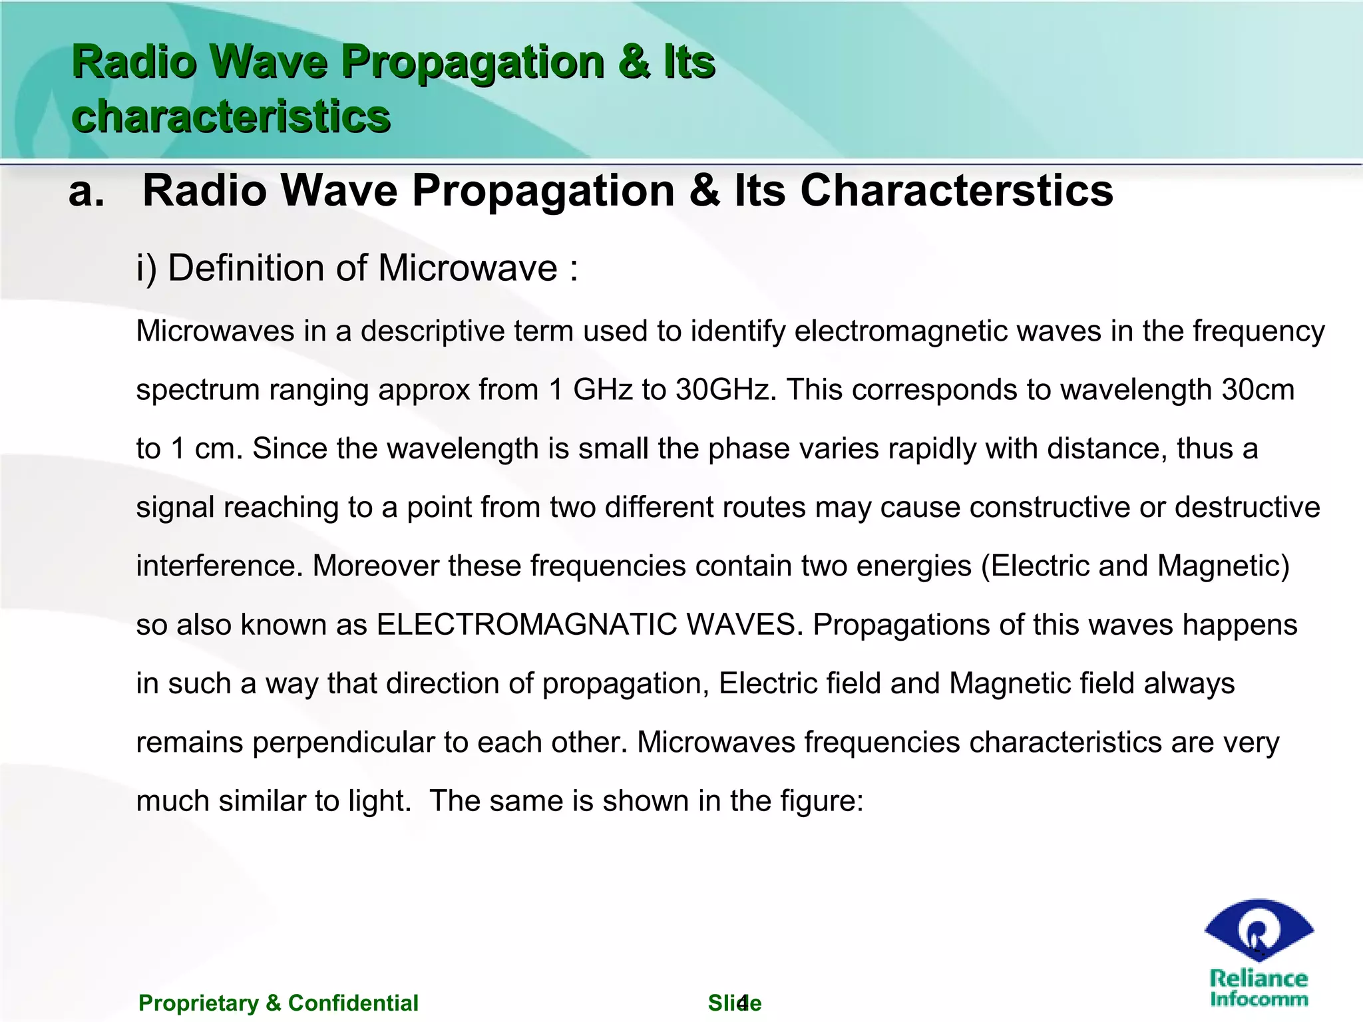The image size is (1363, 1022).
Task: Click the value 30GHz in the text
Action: point(726,390)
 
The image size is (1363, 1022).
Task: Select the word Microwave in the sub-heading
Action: point(467,268)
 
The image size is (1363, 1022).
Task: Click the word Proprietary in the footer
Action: point(198,1003)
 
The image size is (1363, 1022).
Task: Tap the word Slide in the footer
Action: point(734,1003)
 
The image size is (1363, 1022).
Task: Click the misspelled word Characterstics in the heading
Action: point(956,191)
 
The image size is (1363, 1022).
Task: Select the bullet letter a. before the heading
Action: point(87,192)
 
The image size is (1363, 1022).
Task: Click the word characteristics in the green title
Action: point(230,116)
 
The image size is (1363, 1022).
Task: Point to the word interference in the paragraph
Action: point(220,566)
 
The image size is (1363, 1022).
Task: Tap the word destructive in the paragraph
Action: point(1247,508)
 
